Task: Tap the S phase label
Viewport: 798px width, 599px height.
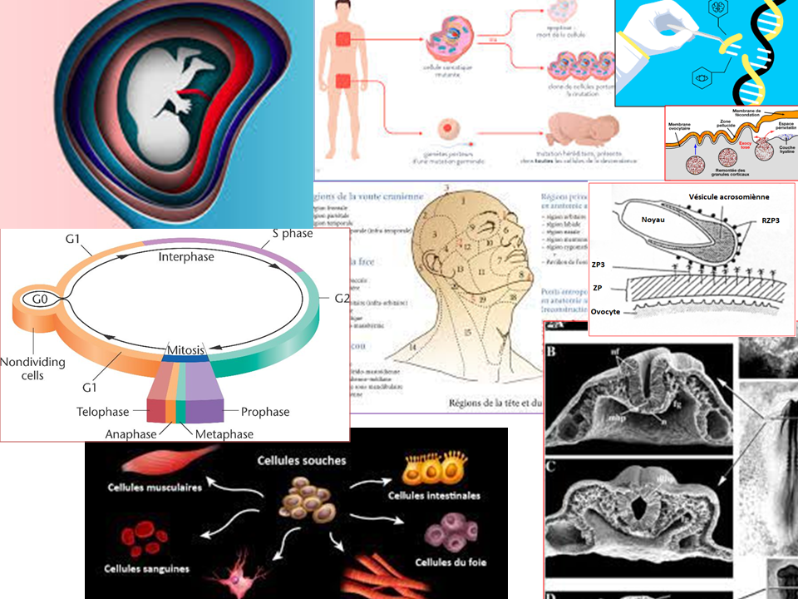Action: (293, 234)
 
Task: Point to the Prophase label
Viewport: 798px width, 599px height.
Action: (265, 412)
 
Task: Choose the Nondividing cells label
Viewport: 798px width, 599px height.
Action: (33, 369)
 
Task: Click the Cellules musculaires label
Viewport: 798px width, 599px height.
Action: (154, 488)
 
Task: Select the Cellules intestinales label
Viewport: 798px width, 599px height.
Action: (434, 496)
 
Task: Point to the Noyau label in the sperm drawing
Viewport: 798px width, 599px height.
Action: (654, 220)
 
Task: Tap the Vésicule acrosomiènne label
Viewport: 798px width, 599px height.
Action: (729, 196)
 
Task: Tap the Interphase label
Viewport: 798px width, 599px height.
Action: (185, 257)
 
